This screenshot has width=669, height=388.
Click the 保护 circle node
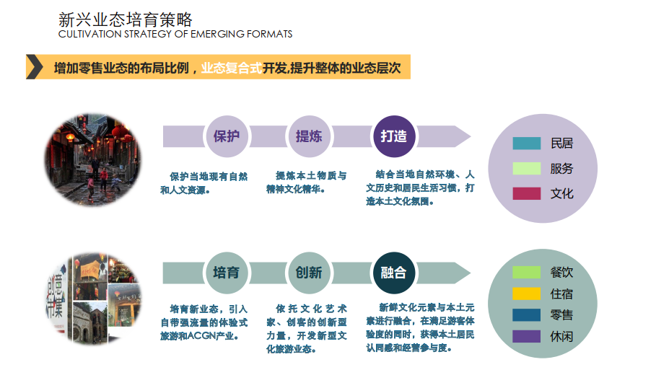227,136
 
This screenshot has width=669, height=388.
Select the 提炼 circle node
309,136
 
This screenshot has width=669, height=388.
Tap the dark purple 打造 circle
394,136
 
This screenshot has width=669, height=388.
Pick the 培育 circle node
227,273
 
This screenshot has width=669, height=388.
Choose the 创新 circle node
309,273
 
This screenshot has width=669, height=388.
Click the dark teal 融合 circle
394,273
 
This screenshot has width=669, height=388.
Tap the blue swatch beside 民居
526,144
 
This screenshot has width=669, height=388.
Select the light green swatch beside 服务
526,169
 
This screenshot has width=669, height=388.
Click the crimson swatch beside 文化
526,193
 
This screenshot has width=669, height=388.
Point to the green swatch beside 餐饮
526,273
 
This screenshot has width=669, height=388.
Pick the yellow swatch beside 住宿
526,294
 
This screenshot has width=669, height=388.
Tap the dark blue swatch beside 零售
526,315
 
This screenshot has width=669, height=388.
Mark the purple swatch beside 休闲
526,336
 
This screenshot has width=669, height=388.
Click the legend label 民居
561,144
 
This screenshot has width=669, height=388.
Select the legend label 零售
561,315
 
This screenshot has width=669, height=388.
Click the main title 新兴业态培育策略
125,19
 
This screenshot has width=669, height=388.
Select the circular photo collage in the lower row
93,296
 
